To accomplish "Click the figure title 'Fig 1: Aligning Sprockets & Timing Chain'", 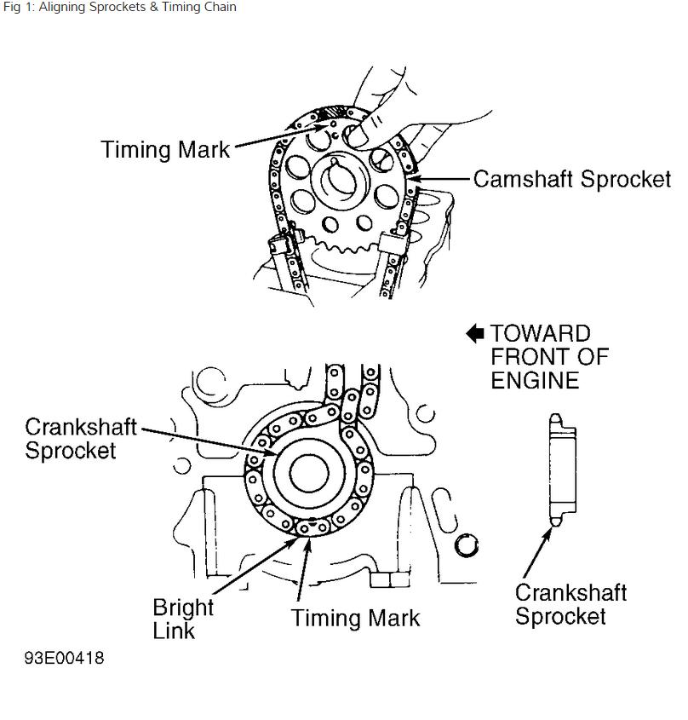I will [119, 8].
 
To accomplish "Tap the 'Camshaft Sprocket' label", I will [571, 180].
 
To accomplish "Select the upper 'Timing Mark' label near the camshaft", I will [165, 150].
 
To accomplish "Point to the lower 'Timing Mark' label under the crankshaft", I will [355, 617].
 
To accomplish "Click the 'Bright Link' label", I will [183, 619].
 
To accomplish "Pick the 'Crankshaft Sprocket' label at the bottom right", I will [570, 604].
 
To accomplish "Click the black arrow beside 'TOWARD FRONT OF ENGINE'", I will [475, 334].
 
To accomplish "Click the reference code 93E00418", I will [65, 659].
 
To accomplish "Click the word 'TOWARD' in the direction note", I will [540, 334].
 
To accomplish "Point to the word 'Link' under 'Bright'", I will [174, 631].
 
